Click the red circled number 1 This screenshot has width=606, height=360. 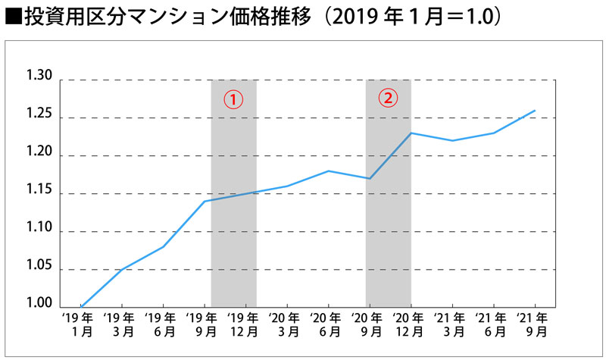click(x=234, y=99)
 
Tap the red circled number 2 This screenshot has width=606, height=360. click(x=388, y=98)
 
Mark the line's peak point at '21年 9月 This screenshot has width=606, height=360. click(x=536, y=111)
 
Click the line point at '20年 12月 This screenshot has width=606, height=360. click(x=411, y=133)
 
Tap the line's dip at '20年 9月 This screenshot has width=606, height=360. click(x=369, y=178)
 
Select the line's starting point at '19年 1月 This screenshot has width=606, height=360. click(x=80, y=306)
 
